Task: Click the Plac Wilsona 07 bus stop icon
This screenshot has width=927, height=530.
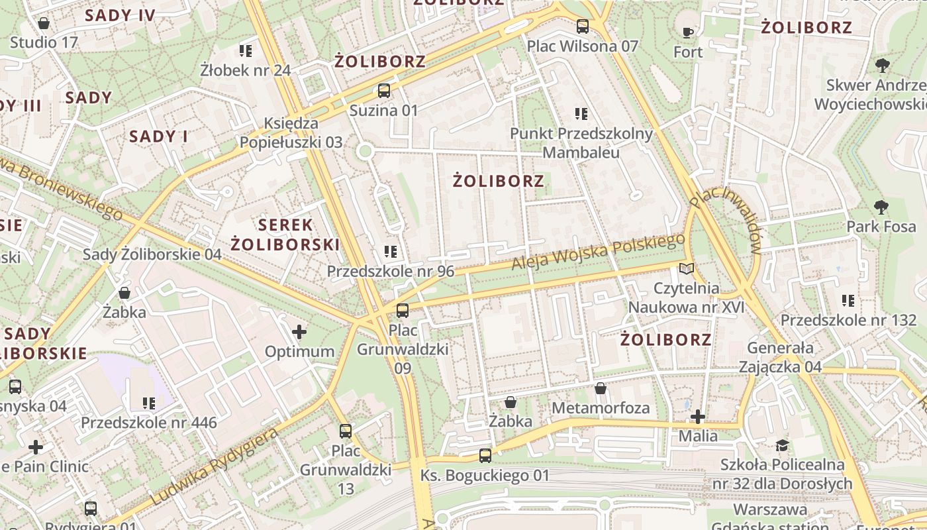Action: pos(583,26)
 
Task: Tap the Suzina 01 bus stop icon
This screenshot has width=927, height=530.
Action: pos(384,91)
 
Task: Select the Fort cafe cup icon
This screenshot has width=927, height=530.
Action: pos(688,32)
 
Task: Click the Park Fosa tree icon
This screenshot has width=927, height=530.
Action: pos(881,207)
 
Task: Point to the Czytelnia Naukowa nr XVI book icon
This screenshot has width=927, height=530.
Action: pos(687,268)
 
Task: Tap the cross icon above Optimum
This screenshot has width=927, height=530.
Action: pos(299,331)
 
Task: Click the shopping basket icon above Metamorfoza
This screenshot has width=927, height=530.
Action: pos(601,388)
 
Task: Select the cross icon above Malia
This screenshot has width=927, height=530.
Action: pos(698,417)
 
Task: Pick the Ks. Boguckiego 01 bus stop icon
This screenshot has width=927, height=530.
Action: pos(485,456)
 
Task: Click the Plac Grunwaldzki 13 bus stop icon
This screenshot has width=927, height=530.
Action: pos(346,431)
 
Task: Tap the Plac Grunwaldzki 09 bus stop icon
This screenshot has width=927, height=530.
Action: pos(402,310)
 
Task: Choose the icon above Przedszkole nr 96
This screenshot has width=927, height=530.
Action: pos(391,252)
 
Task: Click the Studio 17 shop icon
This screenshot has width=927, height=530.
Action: pos(44,24)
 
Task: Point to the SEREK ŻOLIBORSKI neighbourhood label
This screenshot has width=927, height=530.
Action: pos(285,235)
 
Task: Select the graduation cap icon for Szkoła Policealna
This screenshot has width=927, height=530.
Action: pos(783,445)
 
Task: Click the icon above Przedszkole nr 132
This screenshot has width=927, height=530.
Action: pos(848,301)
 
